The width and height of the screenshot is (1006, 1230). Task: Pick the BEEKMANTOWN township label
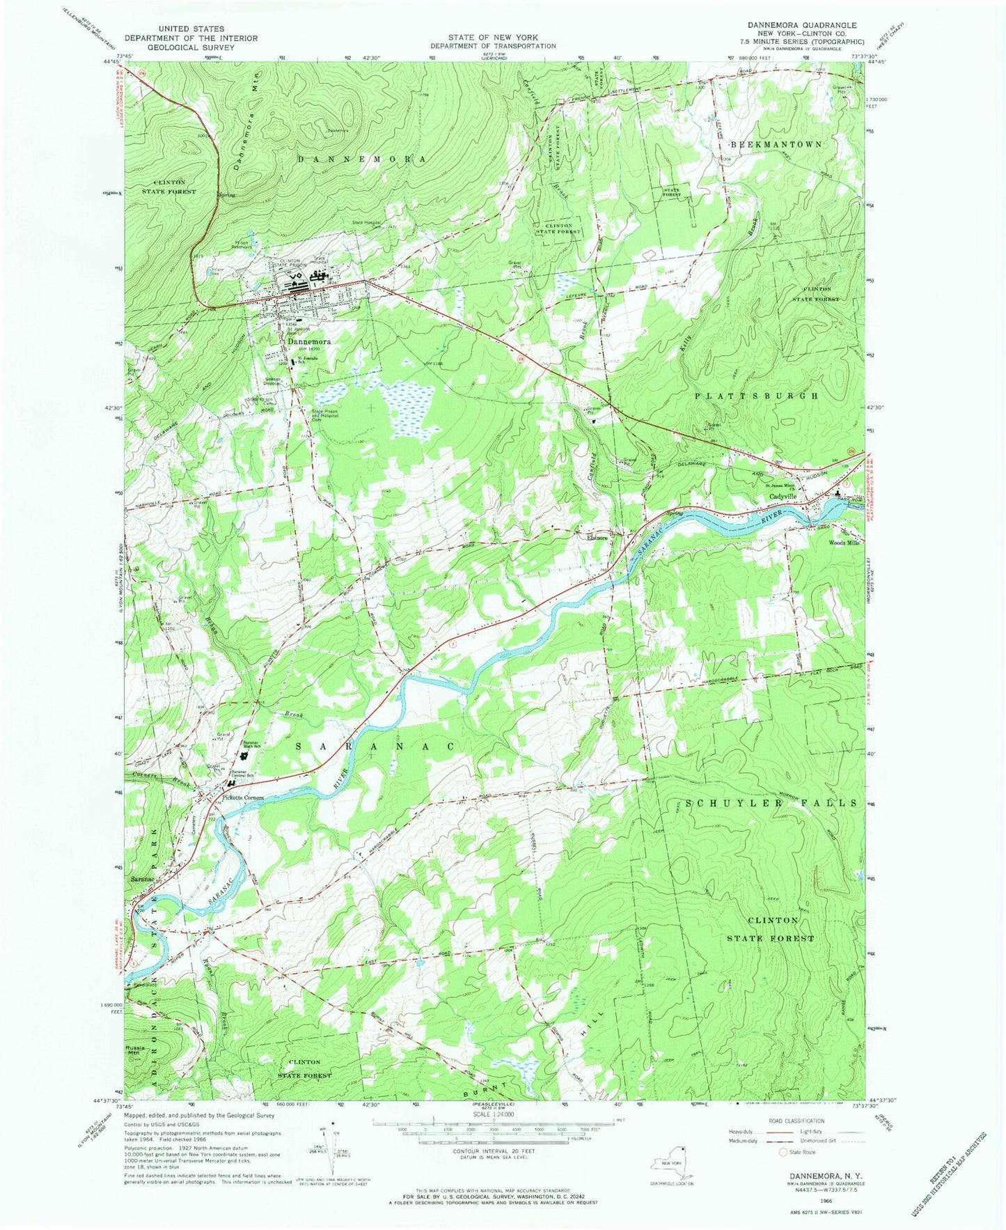point(776,143)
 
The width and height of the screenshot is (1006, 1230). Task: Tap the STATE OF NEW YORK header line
point(492,38)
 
